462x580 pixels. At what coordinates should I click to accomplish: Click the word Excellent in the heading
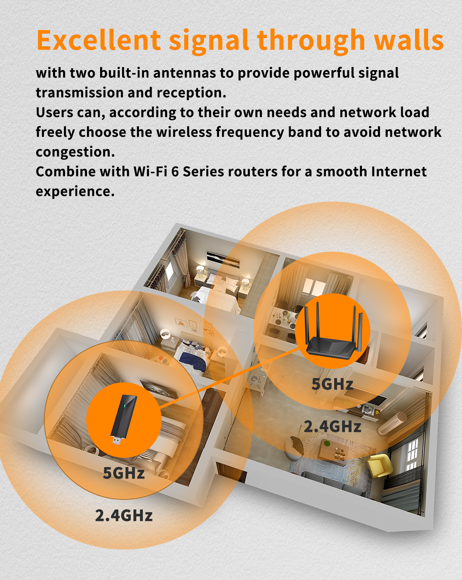click(99, 40)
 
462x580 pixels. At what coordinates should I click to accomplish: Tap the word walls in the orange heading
click(409, 40)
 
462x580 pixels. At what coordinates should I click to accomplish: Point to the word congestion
click(75, 152)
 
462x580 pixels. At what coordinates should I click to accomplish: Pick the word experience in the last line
click(75, 192)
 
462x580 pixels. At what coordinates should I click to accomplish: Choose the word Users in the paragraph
click(54, 113)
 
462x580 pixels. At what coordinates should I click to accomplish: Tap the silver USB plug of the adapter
click(117, 440)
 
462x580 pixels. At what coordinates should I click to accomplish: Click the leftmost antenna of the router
click(306, 325)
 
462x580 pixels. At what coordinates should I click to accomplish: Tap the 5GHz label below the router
click(332, 384)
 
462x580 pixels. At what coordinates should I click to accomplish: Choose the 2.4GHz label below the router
click(333, 427)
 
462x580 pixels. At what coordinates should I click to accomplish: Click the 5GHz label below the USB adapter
click(124, 473)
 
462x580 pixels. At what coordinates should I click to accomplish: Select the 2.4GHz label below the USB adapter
click(124, 516)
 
